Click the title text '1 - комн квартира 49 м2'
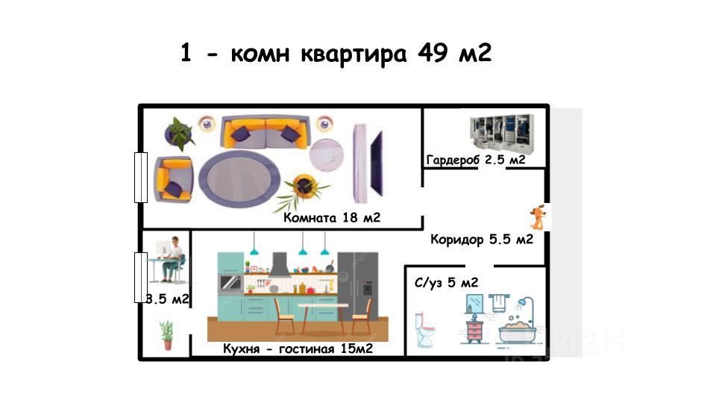[x=336, y=54]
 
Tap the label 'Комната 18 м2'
[x=332, y=218]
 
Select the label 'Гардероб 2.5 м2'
[x=476, y=160]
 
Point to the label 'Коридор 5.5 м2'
[x=481, y=240]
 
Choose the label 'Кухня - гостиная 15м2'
[x=298, y=349]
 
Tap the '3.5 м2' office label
[x=167, y=299]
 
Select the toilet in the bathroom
[x=424, y=330]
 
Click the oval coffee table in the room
[x=239, y=179]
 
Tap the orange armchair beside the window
[x=173, y=179]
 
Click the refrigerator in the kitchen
[x=358, y=287]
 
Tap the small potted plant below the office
[x=166, y=335]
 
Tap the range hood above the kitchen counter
[x=279, y=264]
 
